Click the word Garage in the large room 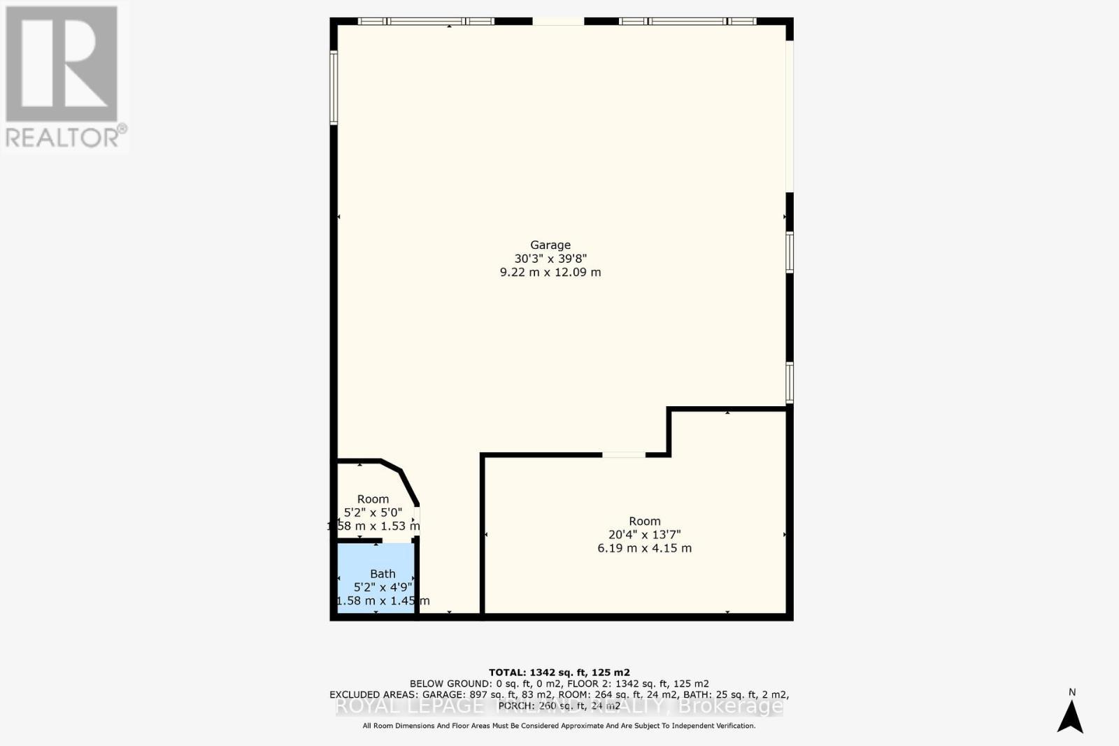(550, 245)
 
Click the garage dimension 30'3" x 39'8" (550, 258)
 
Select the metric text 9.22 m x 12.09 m (550, 272)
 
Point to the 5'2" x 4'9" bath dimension (383, 587)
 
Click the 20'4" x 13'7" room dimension (644, 535)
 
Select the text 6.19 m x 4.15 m (644, 548)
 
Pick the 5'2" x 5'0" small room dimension (373, 512)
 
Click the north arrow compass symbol (1070, 717)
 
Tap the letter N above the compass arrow (1072, 693)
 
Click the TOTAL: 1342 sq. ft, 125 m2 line (559, 673)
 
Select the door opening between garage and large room (624, 455)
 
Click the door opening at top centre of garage (558, 22)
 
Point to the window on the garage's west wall (334, 88)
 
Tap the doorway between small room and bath (398, 541)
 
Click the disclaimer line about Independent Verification (559, 726)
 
